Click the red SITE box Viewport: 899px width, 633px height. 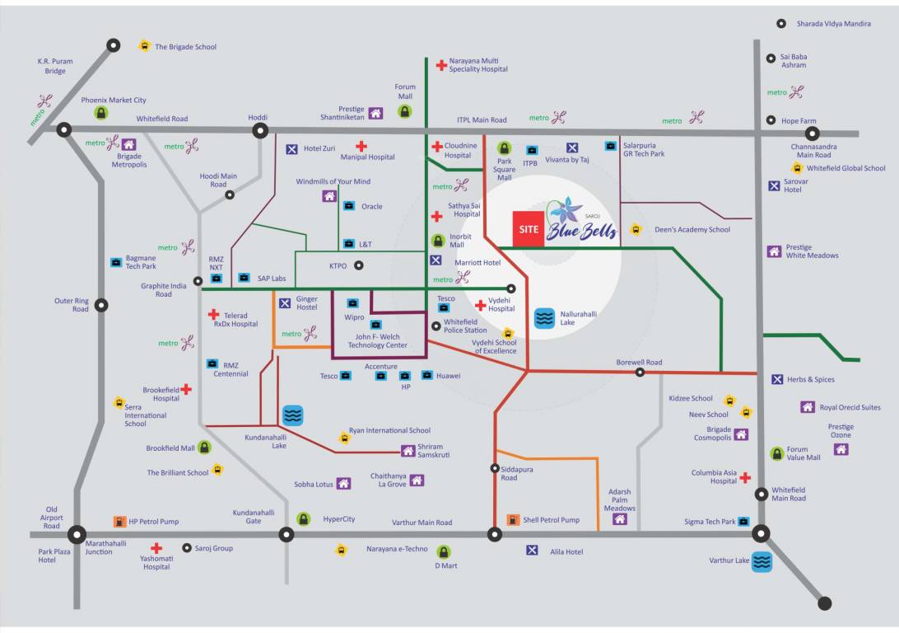click(529, 230)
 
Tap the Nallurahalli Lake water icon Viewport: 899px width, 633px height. click(544, 318)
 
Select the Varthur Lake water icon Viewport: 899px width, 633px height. click(762, 562)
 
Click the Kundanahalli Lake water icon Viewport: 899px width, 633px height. click(293, 415)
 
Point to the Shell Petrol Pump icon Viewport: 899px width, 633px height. click(513, 520)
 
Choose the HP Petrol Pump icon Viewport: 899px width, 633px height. click(120, 521)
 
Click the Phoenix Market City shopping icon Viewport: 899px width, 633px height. click(101, 113)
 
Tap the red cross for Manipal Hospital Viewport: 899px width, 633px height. click(361, 146)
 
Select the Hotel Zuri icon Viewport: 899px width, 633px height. click(291, 149)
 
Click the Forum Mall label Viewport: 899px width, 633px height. click(405, 91)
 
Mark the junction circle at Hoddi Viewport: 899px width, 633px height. click(260, 130)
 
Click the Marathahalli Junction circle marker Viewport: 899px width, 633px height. click(77, 534)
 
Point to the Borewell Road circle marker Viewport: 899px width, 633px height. click(640, 373)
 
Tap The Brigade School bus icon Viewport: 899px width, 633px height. click(145, 47)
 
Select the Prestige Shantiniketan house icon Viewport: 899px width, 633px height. click(375, 114)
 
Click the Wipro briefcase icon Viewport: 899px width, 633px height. click(352, 303)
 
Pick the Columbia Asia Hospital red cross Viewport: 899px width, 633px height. click(745, 477)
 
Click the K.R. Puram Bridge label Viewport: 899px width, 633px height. click(55, 66)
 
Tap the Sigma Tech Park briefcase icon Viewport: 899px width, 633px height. click(743, 522)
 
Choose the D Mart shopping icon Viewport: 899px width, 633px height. click(444, 551)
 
